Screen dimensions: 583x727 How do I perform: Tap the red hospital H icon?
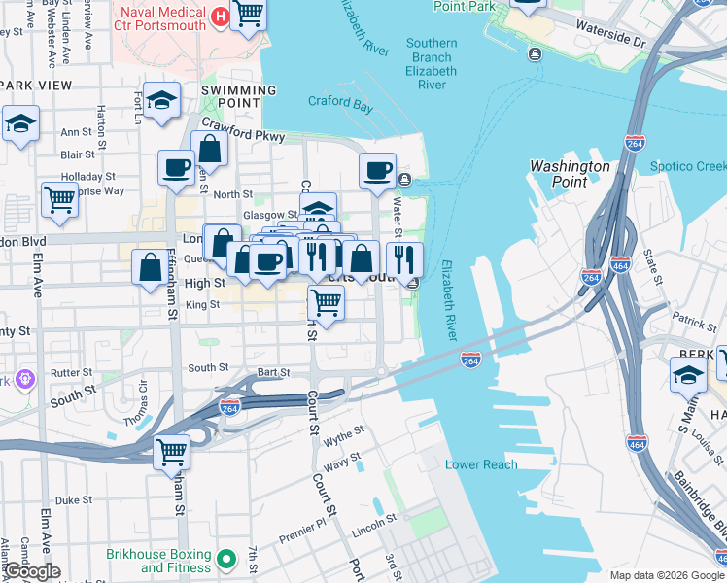(220, 17)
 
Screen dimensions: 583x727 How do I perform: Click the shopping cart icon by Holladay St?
(59, 199)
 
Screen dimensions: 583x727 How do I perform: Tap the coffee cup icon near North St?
(176, 166)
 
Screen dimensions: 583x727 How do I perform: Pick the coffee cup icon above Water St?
(377, 170)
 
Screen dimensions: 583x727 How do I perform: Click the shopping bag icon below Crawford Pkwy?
(210, 150)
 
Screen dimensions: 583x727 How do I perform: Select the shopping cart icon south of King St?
(327, 303)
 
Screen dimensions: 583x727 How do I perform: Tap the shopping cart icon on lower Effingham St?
(172, 452)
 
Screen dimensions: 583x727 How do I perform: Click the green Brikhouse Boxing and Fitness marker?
(226, 559)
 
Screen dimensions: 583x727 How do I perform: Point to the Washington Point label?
(570, 173)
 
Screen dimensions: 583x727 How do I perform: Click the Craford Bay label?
(340, 102)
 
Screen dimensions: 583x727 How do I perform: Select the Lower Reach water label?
(481, 464)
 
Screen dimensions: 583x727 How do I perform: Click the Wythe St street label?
(344, 434)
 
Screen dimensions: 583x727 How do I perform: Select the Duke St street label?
(74, 500)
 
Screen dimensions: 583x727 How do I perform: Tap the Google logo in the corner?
(31, 571)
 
